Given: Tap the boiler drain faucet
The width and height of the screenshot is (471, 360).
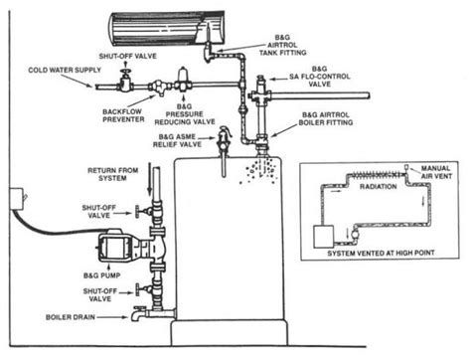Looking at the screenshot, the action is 137,313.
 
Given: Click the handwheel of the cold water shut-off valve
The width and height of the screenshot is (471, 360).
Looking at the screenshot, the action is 125,72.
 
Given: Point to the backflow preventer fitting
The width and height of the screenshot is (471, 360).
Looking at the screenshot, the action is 160,88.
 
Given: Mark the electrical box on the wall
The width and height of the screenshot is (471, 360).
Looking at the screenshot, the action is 17,199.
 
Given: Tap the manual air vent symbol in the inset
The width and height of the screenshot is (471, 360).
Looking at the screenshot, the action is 406,168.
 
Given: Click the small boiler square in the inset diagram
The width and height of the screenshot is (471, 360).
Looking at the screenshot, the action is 324,237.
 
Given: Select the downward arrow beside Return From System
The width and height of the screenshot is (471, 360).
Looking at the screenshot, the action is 150,178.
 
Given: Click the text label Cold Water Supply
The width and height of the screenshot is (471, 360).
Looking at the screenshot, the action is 65,70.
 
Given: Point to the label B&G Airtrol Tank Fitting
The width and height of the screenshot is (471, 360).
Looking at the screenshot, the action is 282,45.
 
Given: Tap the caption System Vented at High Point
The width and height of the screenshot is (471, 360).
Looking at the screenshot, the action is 381,254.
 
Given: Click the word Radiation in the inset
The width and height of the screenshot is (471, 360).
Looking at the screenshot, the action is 379,187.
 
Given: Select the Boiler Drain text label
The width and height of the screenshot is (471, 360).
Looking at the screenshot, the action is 71,317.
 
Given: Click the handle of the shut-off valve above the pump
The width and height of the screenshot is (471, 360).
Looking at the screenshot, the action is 137,211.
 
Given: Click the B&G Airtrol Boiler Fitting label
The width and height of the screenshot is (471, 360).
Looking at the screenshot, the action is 326,118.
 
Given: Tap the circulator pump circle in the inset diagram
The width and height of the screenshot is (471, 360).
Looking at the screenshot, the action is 356,235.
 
